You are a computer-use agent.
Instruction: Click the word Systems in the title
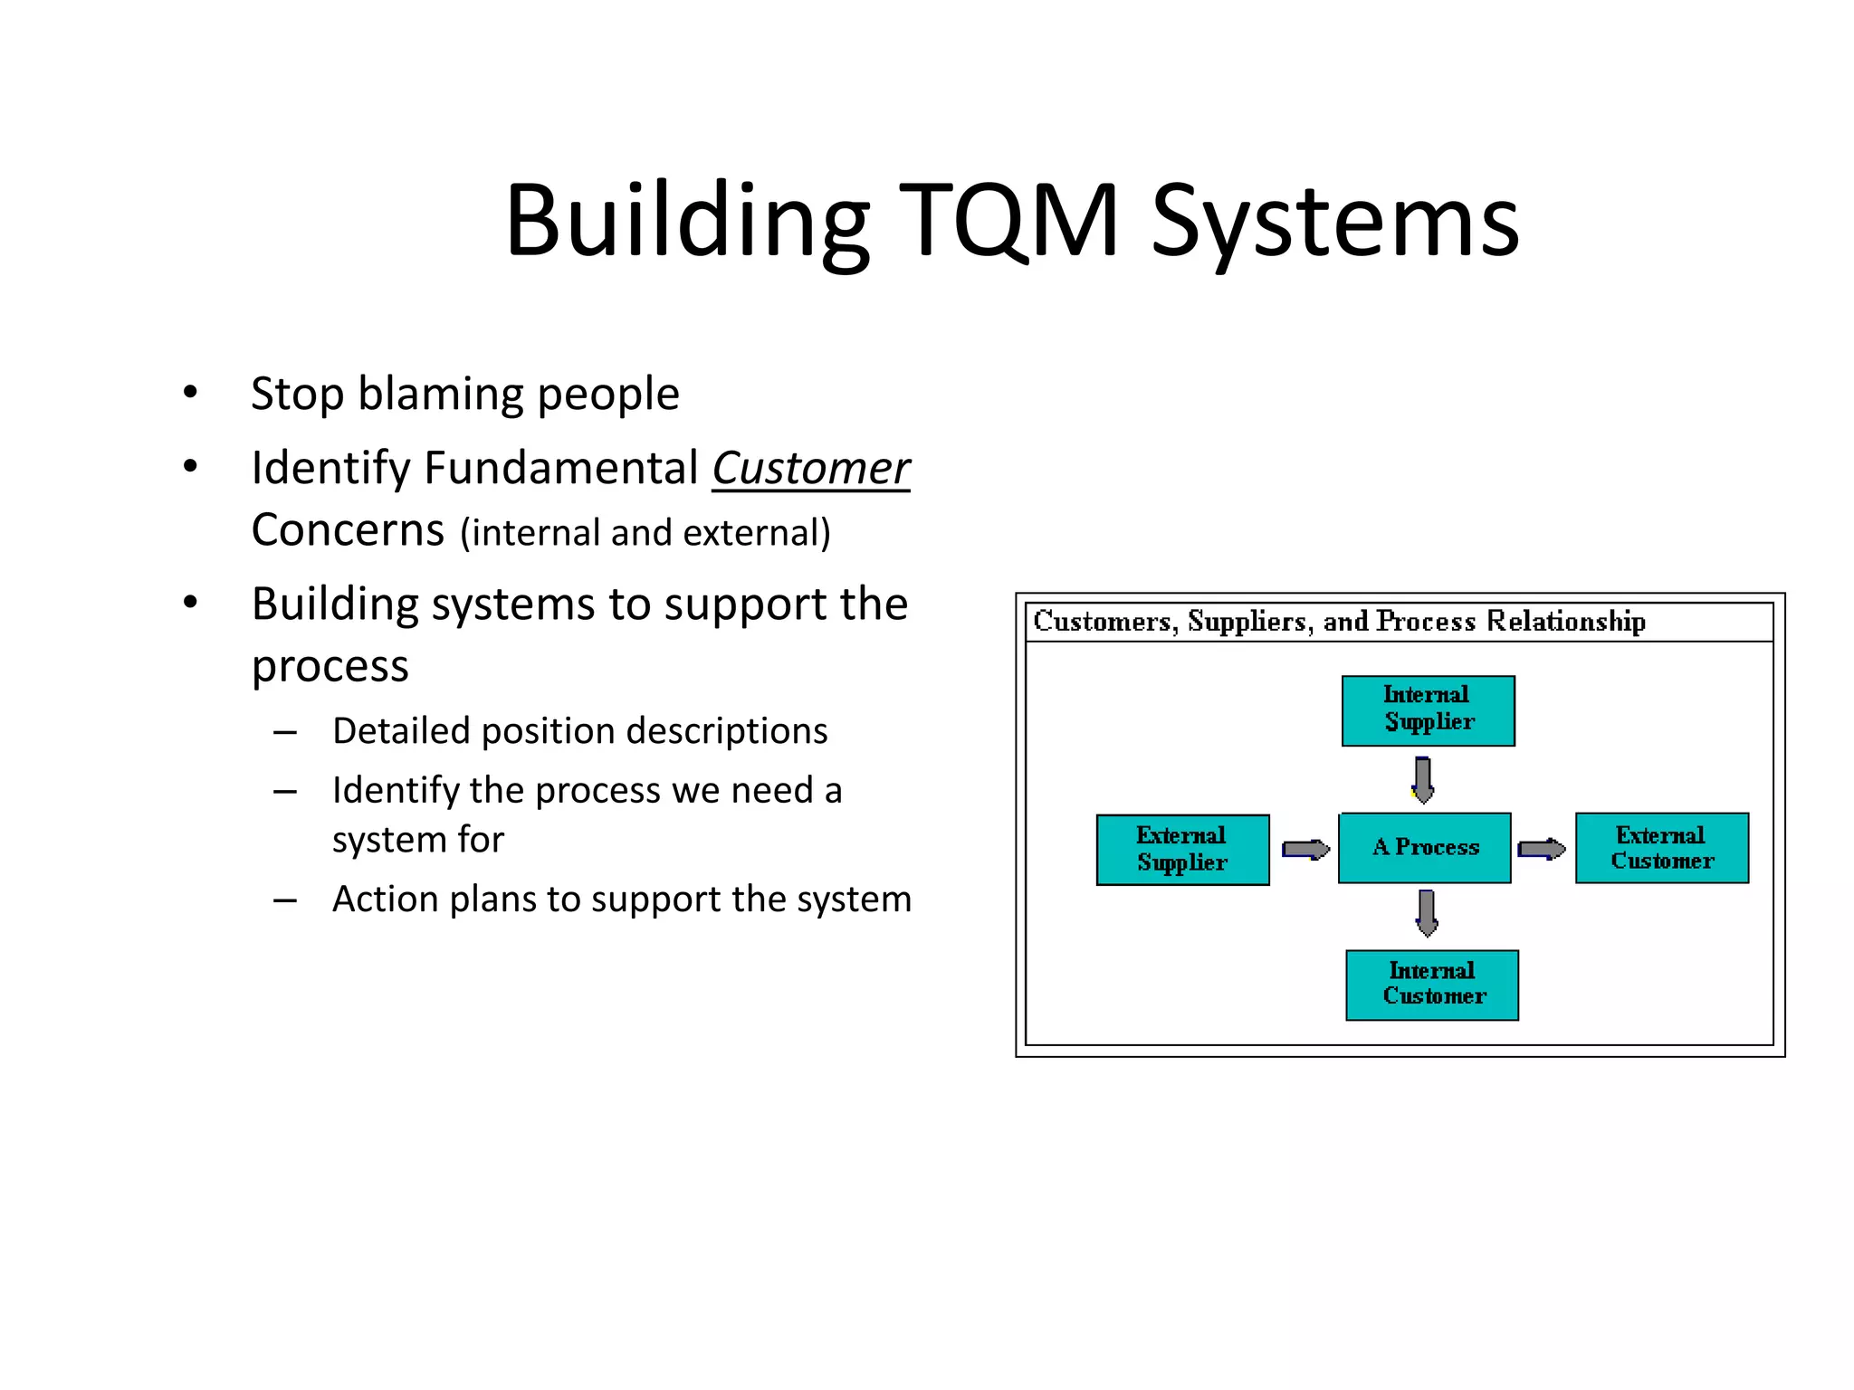pos(1335,221)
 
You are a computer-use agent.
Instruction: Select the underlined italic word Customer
pos(810,469)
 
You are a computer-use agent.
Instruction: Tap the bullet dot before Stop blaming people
pos(190,393)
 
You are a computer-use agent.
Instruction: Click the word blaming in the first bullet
pos(441,394)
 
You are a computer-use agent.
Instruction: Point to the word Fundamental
pos(561,469)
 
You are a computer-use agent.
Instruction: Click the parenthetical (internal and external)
pos(645,532)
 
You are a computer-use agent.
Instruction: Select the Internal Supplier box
pos(1428,710)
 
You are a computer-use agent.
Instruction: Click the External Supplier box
pos(1182,850)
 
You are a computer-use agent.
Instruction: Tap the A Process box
pos(1424,847)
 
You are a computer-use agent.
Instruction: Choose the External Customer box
pos(1661,847)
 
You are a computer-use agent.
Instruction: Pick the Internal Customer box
pos(1431,985)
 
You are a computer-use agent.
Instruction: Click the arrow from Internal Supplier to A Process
pos(1423,779)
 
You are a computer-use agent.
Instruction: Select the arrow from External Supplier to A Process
pos(1304,849)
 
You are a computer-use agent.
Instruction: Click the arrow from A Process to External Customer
pos(1542,849)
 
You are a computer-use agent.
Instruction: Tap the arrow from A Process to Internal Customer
pos(1427,913)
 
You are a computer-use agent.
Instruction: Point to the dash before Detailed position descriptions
pos(285,731)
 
